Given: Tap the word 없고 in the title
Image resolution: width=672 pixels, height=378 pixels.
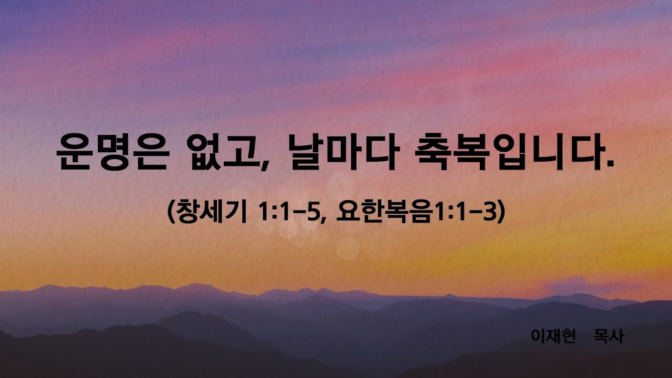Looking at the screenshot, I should [224, 152].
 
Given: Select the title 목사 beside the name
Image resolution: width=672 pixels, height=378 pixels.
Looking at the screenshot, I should [608, 336].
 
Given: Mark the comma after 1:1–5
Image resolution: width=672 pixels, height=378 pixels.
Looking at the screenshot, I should [323, 218].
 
